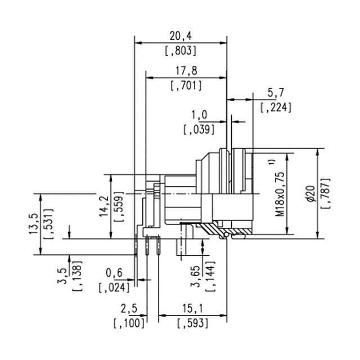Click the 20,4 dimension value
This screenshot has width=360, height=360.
click(181, 35)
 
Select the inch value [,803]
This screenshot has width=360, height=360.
click(181, 51)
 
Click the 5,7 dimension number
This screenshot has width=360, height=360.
click(276, 92)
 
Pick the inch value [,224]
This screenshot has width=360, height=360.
click(276, 107)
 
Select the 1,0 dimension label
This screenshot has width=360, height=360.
click(200, 114)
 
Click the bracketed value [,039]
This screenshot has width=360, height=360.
click(200, 129)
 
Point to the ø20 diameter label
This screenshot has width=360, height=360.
click(310, 193)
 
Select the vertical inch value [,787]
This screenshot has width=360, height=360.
click(325, 193)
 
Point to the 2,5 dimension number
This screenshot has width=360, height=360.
click(129, 309)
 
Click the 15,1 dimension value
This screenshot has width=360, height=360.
click(192, 309)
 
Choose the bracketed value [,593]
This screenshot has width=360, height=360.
click(192, 324)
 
